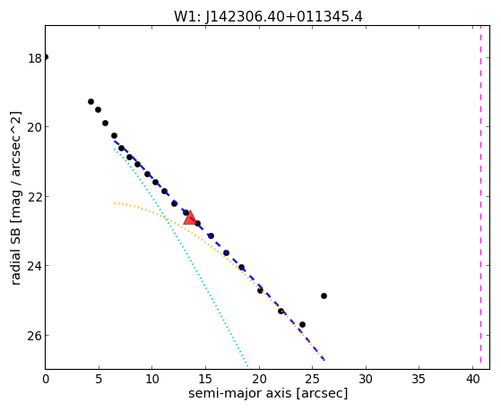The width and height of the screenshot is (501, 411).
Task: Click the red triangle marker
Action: pos(190,218)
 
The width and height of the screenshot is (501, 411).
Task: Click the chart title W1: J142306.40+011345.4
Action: pos(268,17)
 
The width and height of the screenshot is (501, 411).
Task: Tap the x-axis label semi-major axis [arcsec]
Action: pos(268,393)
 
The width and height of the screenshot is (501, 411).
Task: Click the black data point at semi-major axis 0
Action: pos(46,57)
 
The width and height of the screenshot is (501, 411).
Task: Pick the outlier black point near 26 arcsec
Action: pos(324,296)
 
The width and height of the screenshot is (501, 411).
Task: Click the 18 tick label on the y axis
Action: pos(35,58)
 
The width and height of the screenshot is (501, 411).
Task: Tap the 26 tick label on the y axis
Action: pos(35,336)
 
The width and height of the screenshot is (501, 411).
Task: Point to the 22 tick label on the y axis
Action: pos(35,197)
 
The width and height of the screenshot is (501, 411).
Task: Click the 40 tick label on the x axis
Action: pos(472,379)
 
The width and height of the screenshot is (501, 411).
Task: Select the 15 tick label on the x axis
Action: pos(205,379)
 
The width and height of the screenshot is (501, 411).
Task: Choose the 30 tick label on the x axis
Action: pos(366,379)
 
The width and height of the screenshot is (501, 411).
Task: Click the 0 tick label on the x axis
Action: pos(46,379)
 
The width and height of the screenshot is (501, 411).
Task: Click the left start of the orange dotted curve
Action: pos(115,203)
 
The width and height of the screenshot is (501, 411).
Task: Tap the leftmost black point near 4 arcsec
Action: pos(91,101)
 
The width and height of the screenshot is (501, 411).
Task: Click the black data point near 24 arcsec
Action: pos(302,325)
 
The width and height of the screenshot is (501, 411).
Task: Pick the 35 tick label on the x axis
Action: pos(419,379)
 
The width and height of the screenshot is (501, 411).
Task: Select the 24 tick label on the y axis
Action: pos(35,266)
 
